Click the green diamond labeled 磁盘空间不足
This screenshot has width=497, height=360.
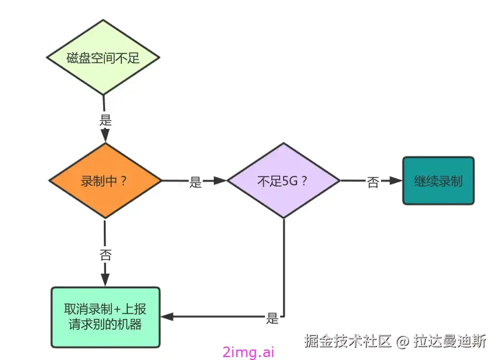[104, 57]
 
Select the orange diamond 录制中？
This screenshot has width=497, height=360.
[104, 181]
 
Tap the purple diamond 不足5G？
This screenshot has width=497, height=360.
[283, 181]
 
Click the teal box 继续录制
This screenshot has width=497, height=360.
[438, 181]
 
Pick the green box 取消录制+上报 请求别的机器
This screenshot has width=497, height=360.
[105, 316]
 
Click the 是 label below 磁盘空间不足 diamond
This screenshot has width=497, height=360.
[105, 121]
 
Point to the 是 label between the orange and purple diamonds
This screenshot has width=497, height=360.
[195, 182]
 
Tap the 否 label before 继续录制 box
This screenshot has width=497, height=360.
[373, 182]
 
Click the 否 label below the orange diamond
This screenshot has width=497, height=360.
[105, 255]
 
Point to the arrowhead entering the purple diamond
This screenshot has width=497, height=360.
[220, 181]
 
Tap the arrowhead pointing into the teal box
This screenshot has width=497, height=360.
[396, 181]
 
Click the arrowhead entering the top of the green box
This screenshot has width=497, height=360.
[105, 281]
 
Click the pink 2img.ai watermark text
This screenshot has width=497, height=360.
[249, 352]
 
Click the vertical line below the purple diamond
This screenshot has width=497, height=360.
[284, 264]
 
